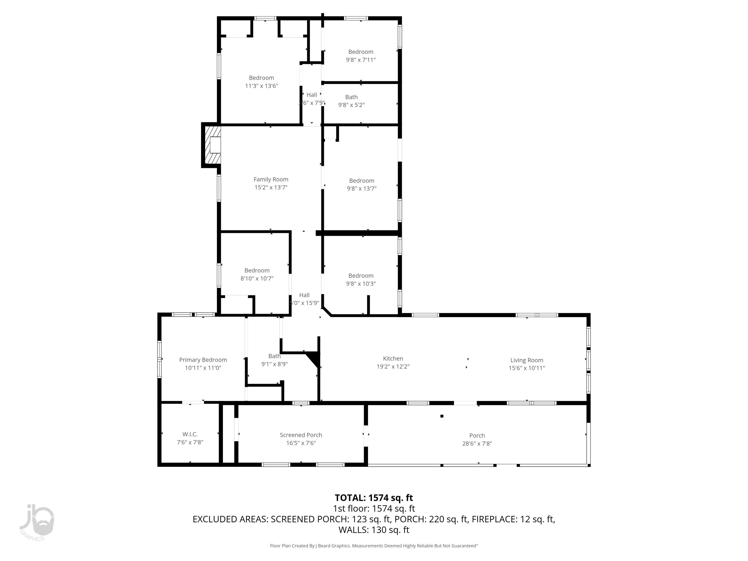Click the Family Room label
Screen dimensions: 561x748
coord(271,180)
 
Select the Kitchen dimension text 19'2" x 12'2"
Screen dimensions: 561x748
coord(393,367)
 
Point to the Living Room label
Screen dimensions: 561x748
coord(527,360)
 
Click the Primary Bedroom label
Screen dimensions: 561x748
coord(203,360)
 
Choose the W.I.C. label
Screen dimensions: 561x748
coord(190,434)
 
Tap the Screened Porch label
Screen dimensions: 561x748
coord(301,435)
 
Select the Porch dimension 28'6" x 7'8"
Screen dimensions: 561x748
coord(477,444)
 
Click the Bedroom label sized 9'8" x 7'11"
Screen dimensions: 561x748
coord(361,52)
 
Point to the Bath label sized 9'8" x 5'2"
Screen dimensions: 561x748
coord(351,97)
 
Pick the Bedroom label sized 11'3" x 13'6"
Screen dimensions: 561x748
coord(261,78)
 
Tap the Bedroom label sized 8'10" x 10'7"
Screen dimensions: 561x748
coord(257,271)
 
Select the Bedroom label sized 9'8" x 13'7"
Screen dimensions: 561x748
coord(362,181)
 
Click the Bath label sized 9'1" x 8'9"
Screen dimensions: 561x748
coord(274,356)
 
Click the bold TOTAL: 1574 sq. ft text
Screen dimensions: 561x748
coord(374,498)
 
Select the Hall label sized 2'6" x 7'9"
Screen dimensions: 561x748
coord(311,95)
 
